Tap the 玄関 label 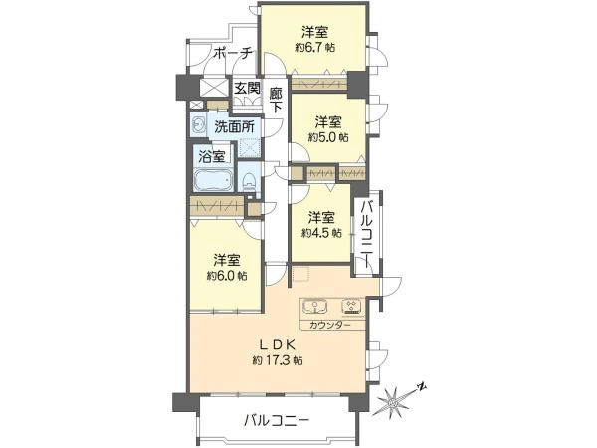[247, 88]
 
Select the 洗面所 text [234, 126]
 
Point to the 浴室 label [211, 156]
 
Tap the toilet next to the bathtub [248, 181]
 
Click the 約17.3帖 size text [278, 359]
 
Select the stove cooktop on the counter [350, 307]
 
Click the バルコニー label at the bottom [277, 421]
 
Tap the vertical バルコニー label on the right [367, 232]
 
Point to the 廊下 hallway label [276, 95]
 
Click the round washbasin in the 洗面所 [200, 125]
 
